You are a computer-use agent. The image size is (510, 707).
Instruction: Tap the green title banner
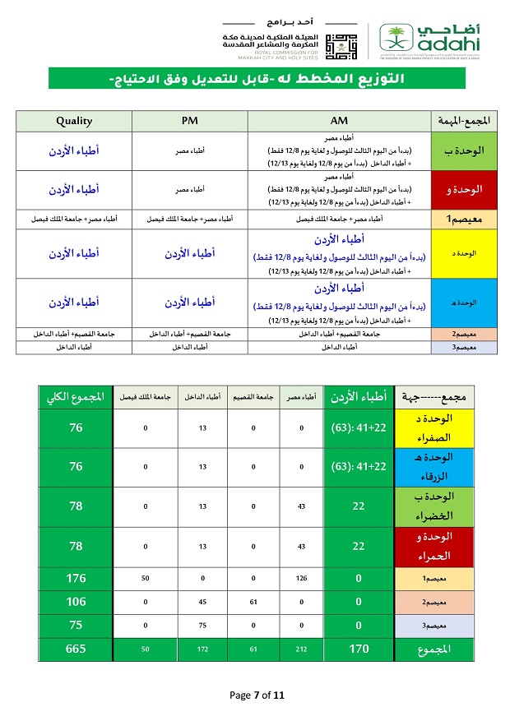click(256, 79)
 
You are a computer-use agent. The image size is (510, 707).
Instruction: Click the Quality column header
click(74, 121)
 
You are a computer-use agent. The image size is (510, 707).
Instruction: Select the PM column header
click(190, 121)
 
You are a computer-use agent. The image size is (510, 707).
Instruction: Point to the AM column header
click(339, 121)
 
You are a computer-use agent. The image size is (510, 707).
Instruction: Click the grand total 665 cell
click(75, 649)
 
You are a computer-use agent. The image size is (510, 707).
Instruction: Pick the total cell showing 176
click(75, 578)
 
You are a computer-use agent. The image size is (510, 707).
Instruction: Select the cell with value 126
click(302, 578)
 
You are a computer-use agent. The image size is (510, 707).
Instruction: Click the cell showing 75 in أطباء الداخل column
click(203, 626)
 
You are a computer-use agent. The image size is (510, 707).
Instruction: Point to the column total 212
click(302, 649)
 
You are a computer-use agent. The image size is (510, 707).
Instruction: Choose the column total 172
click(203, 649)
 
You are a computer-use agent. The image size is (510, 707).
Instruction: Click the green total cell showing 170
click(359, 649)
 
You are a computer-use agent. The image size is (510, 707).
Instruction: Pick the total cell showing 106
click(75, 602)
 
